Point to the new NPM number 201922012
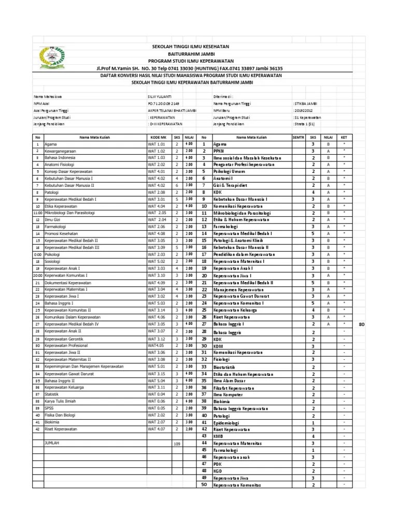304,110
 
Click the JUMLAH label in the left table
52,444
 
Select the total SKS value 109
176,444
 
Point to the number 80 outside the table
362,325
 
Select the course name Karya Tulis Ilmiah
60,401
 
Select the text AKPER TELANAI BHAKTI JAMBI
173,110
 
